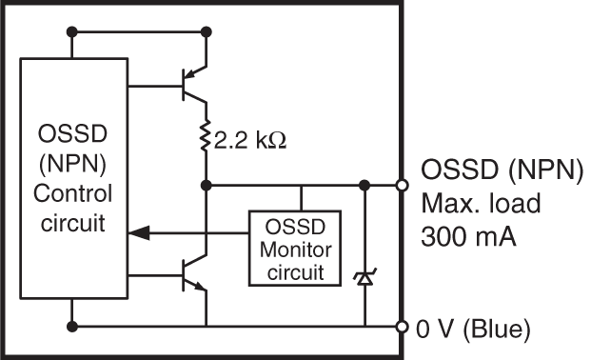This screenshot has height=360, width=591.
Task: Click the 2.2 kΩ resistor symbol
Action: click(x=206, y=140)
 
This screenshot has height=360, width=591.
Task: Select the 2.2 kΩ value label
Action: click(x=250, y=141)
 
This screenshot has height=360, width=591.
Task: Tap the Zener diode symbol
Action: click(x=364, y=278)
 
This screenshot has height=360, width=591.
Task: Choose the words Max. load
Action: click(x=471, y=205)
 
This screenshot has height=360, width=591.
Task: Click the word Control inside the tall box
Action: click(x=73, y=194)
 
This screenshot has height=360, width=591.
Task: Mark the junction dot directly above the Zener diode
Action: click(x=364, y=184)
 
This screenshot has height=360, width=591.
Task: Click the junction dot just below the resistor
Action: click(x=206, y=184)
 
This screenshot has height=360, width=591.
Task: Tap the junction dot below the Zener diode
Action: click(x=364, y=328)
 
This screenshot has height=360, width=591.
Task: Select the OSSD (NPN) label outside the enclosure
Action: click(x=501, y=172)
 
